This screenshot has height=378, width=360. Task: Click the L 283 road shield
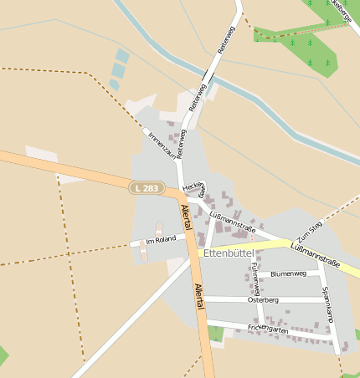coord(145,189)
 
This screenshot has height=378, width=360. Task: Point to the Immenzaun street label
coord(161,144)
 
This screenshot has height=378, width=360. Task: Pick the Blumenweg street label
coord(289,273)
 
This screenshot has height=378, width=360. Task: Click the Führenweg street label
coord(255,277)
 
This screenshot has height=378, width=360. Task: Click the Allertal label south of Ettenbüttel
coord(199,296)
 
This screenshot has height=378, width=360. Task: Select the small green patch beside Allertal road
coord(216,334)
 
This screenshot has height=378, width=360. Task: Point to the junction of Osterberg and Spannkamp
coord(324,299)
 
